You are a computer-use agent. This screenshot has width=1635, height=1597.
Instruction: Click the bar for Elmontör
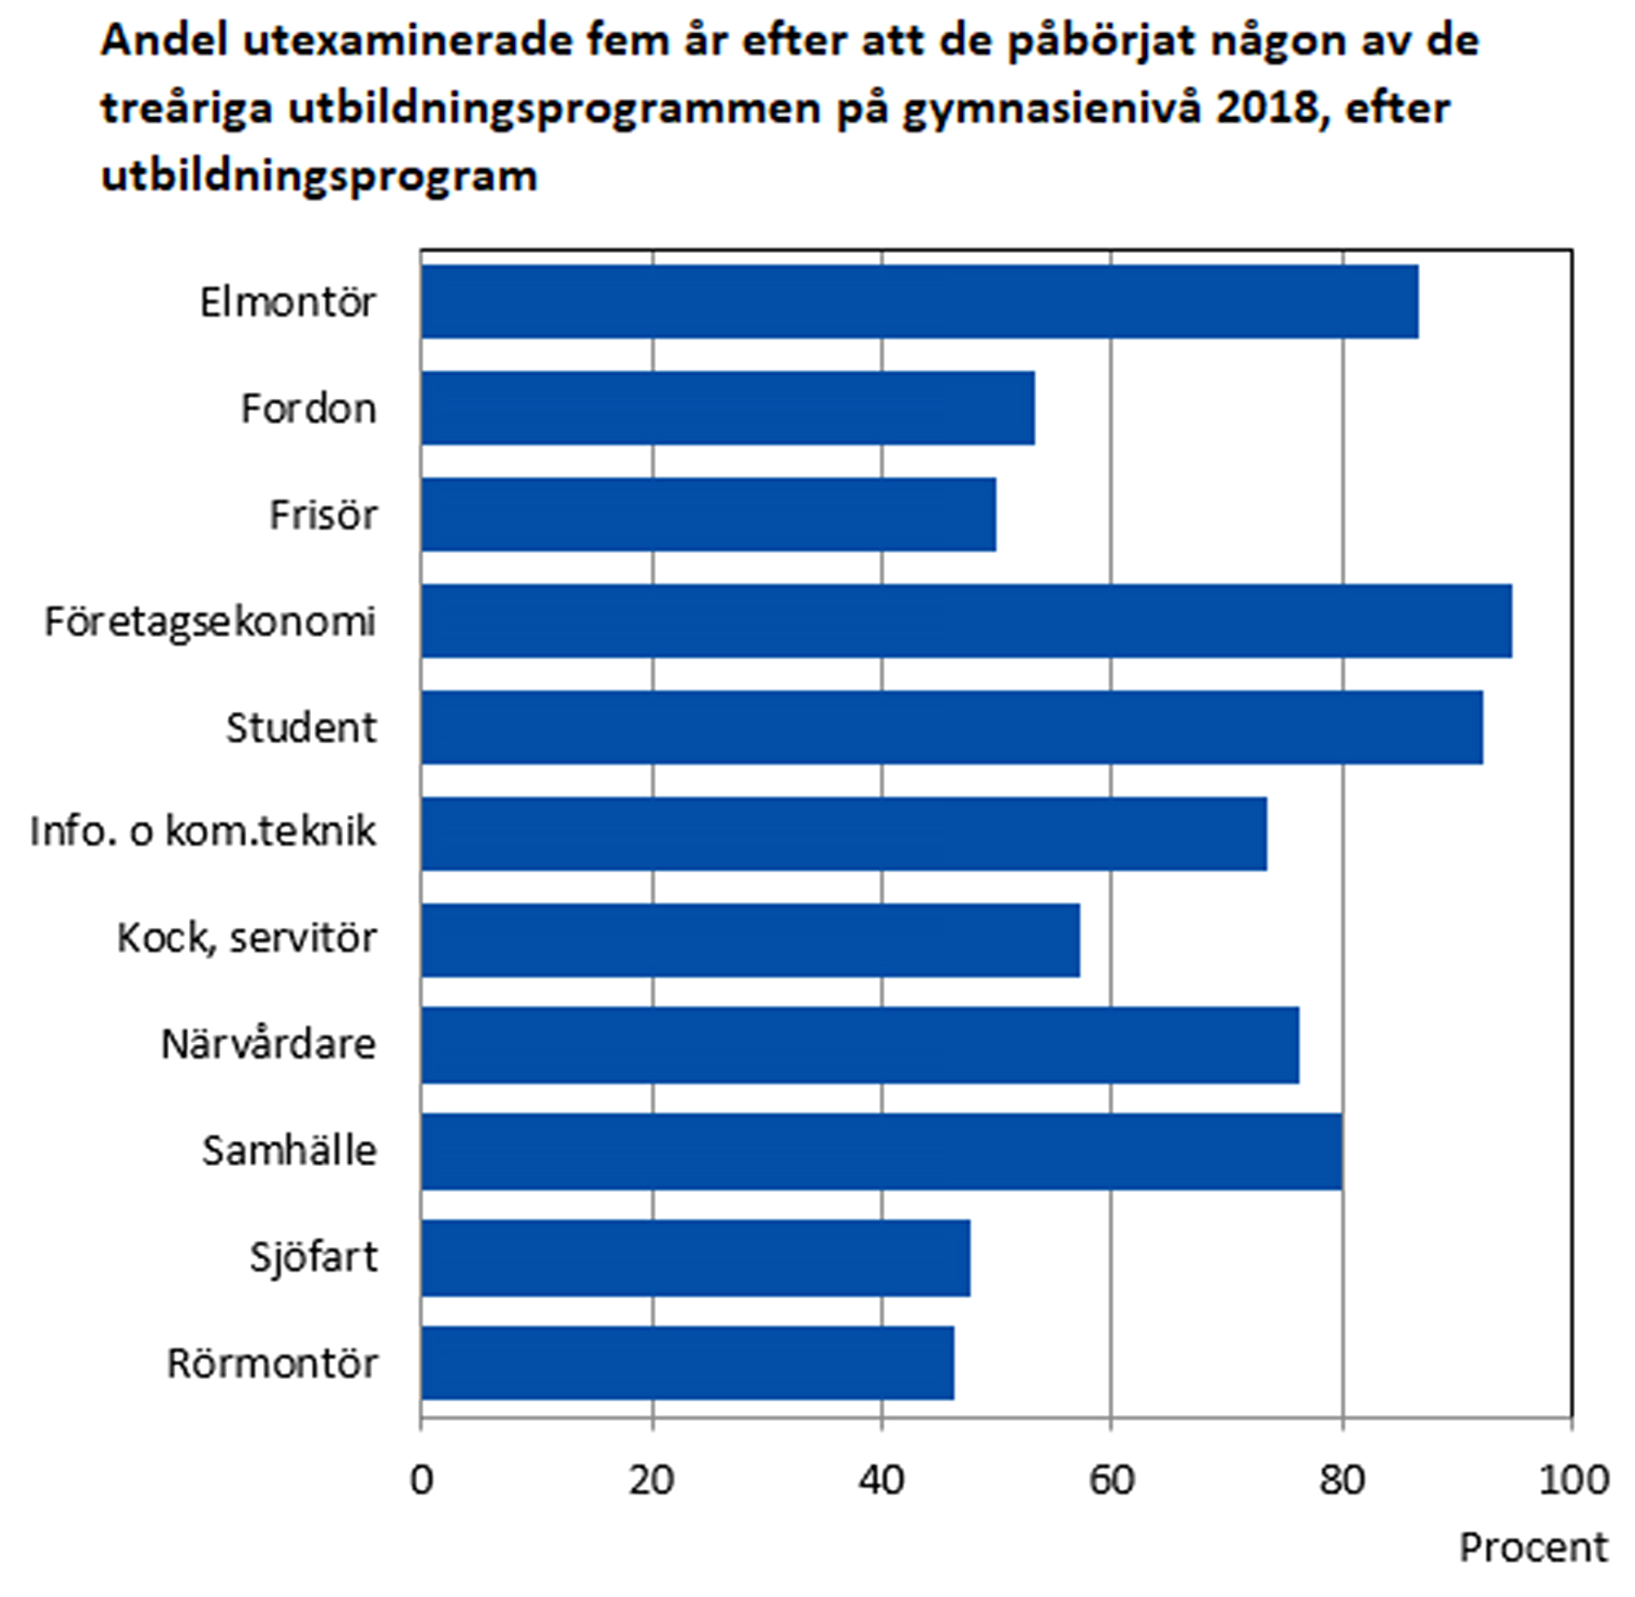pos(919,301)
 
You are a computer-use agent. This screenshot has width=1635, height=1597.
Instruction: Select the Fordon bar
pos(727,407)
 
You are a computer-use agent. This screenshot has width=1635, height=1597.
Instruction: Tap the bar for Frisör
pos(708,514)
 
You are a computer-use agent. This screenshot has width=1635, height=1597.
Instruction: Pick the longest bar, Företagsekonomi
pos(966,620)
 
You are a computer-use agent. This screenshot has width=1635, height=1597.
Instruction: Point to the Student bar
pos(951,726)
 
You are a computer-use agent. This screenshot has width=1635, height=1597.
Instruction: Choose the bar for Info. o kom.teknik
pos(843,833)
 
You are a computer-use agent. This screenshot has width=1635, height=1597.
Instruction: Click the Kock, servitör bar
pos(750,939)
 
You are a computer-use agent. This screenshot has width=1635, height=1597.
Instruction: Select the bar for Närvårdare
pos(860,1045)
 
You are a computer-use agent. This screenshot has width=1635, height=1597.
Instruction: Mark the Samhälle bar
pos(881,1151)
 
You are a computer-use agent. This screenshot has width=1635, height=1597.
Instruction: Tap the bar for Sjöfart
pos(695,1257)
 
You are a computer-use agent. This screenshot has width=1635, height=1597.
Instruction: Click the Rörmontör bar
pos(687,1363)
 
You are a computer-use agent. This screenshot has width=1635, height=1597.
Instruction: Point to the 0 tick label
pos(422,1480)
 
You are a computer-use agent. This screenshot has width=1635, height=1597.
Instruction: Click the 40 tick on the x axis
pos(881,1480)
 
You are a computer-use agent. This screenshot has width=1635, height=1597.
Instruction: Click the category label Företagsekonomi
pos(210,621)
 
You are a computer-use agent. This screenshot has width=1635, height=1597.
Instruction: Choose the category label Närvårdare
pos(269,1045)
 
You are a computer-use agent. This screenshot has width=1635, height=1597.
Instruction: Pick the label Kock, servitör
pos(246,939)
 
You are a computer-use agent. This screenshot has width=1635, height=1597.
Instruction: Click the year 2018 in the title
pos(1267,107)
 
